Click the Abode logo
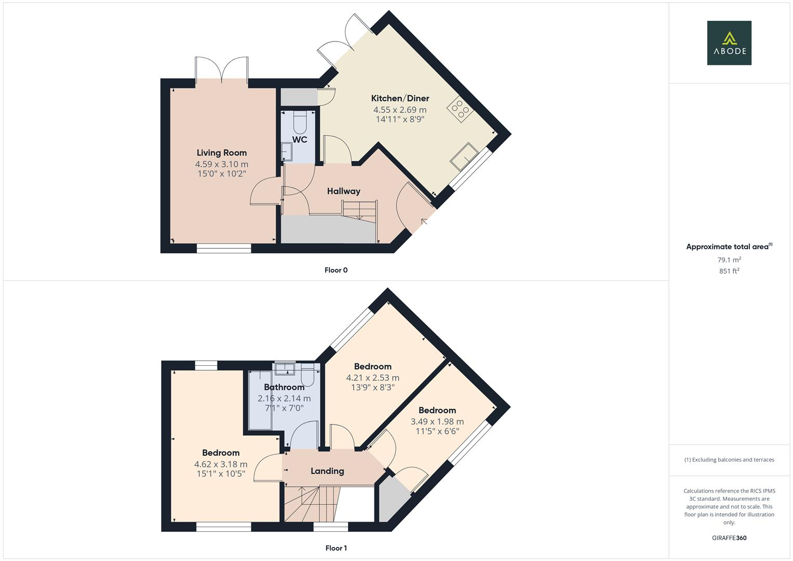[729, 43]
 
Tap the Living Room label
[222, 153]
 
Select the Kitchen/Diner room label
[400, 98]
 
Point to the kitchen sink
[464, 156]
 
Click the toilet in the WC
[300, 122]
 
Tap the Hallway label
[343, 191]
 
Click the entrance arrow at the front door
[424, 222]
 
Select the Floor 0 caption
[336, 270]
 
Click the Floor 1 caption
[336, 548]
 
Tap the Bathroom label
[284, 387]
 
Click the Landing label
[327, 471]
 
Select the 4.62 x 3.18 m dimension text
[221, 464]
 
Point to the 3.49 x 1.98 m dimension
[437, 422]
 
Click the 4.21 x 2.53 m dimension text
[373, 378]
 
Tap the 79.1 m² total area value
[729, 260]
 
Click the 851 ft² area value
[729, 271]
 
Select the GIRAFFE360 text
[729, 538]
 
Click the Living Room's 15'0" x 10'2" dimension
[222, 173]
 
